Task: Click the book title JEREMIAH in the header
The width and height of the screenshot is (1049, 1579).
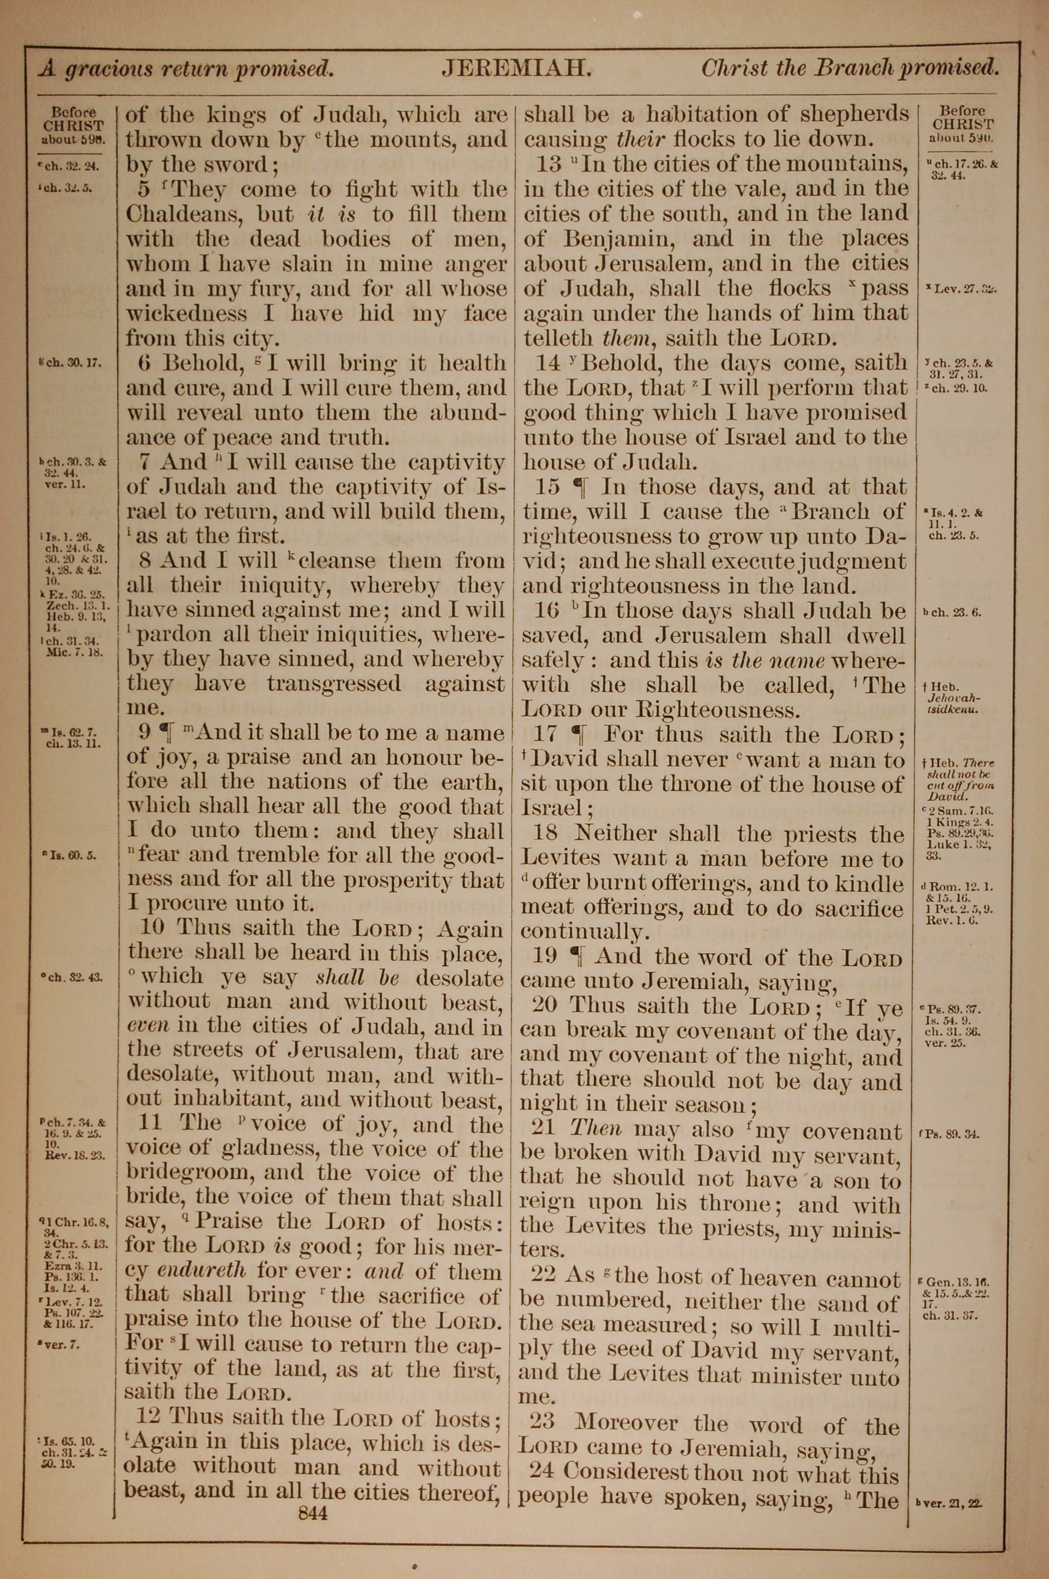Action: pos(516,68)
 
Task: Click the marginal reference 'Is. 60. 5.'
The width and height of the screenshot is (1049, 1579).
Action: pos(73,856)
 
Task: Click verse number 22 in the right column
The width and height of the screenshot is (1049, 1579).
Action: pos(542,1277)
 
